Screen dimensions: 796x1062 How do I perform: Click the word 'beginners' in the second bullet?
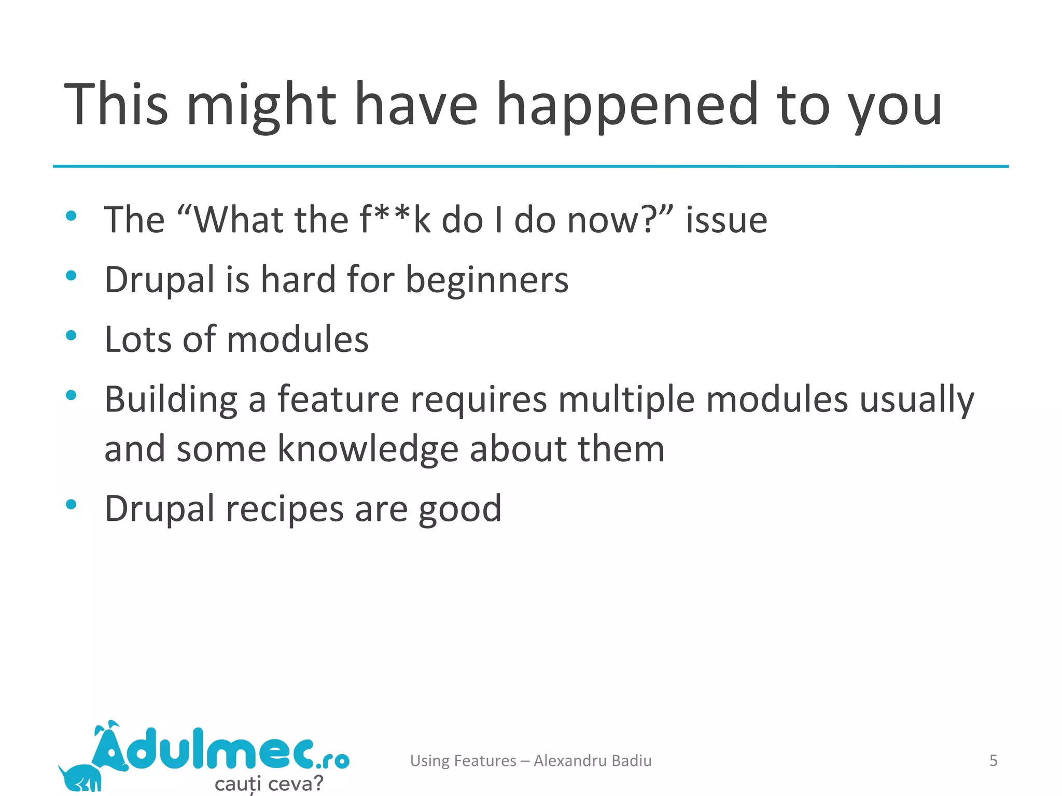point(486,280)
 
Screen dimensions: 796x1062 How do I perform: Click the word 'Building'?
point(171,400)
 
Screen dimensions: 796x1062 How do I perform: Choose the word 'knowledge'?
point(368,449)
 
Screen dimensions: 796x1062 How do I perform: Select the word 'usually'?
point(917,400)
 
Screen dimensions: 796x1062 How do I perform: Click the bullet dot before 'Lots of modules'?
point(72,335)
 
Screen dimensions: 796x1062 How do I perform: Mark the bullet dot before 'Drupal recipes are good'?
point(72,504)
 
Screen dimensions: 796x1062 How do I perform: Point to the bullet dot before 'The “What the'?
point(72,216)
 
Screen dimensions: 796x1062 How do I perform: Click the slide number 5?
point(993,760)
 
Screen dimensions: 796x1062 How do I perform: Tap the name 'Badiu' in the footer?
point(631,760)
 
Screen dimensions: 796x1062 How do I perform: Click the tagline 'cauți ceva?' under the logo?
point(269,783)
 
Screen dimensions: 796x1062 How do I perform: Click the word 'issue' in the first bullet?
point(726,220)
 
